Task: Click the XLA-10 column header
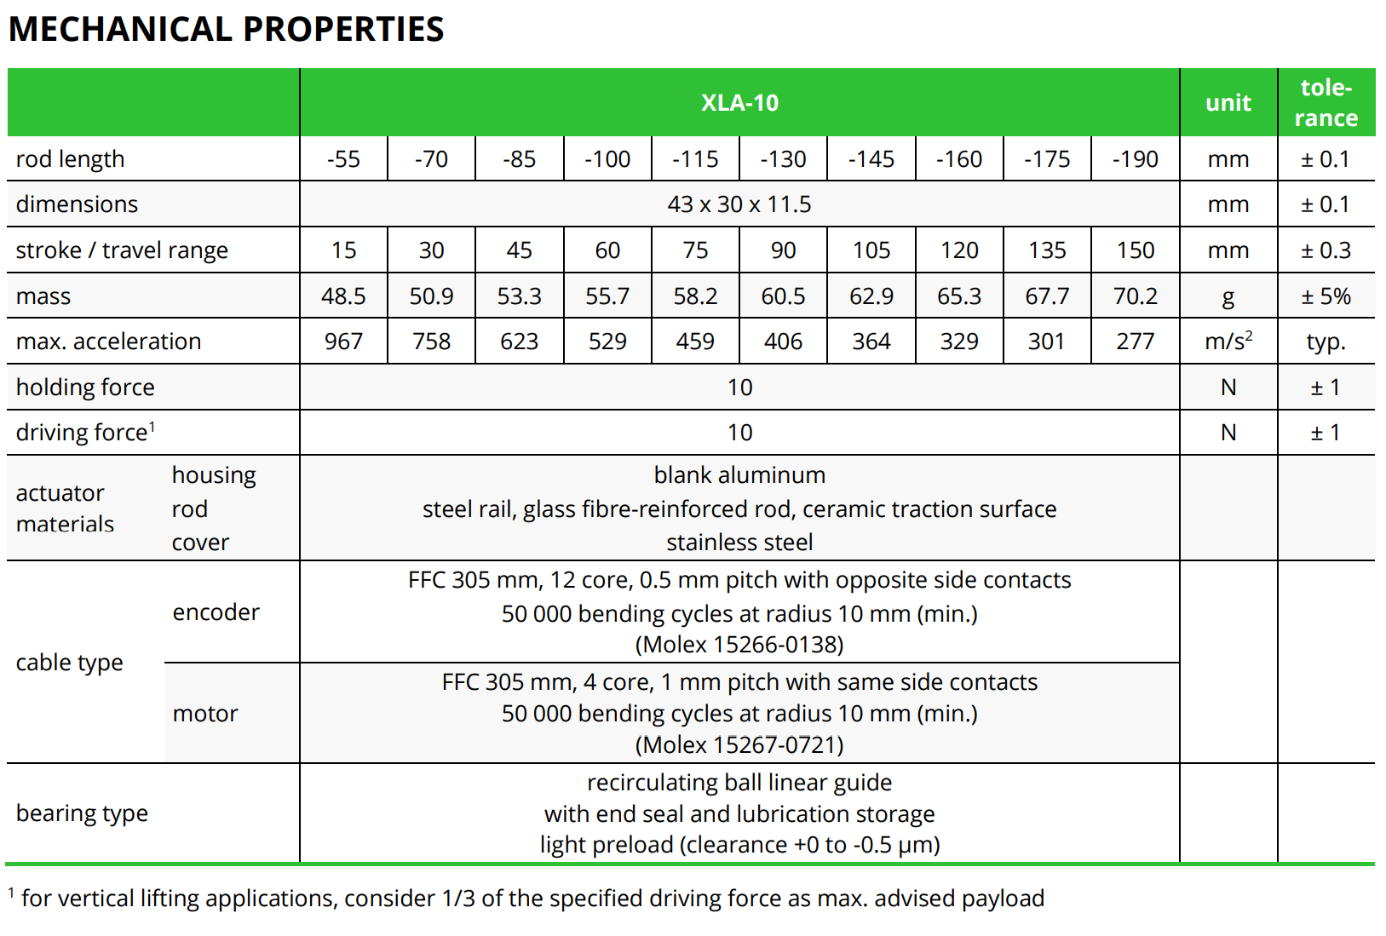click(x=739, y=103)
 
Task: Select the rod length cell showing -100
click(x=607, y=159)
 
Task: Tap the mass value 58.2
click(x=695, y=296)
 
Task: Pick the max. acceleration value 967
click(x=343, y=342)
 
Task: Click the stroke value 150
click(x=1135, y=250)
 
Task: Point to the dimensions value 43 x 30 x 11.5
click(x=739, y=204)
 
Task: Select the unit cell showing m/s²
click(x=1228, y=342)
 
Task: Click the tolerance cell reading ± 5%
click(x=1326, y=296)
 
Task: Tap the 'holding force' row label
click(x=85, y=388)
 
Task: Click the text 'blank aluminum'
click(x=739, y=475)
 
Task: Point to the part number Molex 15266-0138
click(x=739, y=645)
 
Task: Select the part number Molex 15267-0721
click(x=739, y=745)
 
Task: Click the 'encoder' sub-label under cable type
click(x=216, y=612)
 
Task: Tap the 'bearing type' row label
click(x=82, y=813)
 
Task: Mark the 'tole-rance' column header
click(x=1326, y=103)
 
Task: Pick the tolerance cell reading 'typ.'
click(x=1326, y=342)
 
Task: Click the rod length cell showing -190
click(x=1135, y=159)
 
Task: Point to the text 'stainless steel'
click(x=739, y=543)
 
